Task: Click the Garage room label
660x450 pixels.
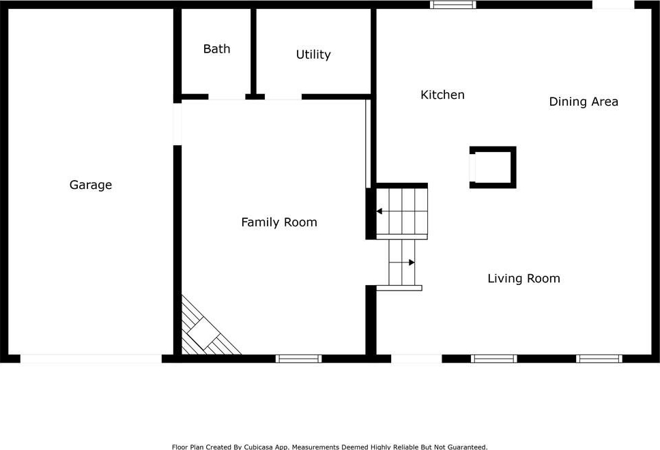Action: tap(91, 185)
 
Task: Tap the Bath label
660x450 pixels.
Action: tap(217, 49)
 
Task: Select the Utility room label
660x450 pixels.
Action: tap(313, 55)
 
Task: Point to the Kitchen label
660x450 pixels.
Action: tap(442, 95)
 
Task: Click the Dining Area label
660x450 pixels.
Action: tap(584, 102)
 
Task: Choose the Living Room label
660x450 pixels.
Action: tap(523, 278)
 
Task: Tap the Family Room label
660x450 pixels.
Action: tap(279, 222)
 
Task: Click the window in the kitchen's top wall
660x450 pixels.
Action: tap(453, 5)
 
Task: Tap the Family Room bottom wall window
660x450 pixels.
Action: tap(298, 359)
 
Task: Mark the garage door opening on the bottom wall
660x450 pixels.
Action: tap(91, 359)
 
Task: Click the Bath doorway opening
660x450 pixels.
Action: tap(227, 97)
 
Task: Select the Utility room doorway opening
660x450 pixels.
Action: tap(283, 97)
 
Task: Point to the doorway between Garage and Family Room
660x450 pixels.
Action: tap(177, 124)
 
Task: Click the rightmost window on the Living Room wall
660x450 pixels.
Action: tap(599, 359)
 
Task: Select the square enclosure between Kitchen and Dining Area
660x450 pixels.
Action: tap(493, 167)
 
